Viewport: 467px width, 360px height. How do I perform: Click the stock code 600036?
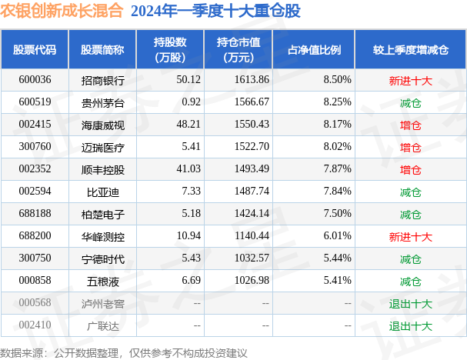[35, 79]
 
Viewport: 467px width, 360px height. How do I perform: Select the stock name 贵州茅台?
[102, 102]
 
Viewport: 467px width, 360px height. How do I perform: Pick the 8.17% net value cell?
[338, 124]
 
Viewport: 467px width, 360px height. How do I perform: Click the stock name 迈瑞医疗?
[102, 147]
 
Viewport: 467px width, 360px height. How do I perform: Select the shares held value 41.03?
[188, 169]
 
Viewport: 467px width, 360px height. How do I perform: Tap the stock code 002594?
[35, 192]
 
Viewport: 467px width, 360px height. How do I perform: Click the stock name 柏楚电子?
[102, 214]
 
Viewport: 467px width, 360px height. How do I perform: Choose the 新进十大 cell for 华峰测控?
[410, 236]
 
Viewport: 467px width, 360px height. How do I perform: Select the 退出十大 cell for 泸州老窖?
[410, 304]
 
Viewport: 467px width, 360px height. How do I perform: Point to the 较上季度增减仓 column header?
[410, 49]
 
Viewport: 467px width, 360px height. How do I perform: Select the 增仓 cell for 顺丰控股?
[410, 169]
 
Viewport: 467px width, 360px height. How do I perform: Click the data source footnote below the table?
[125, 352]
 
